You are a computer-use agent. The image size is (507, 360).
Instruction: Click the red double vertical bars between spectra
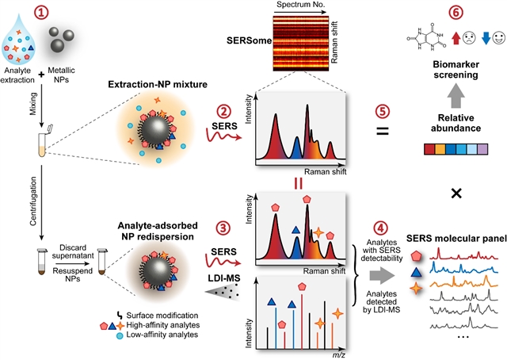tap(299, 184)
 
